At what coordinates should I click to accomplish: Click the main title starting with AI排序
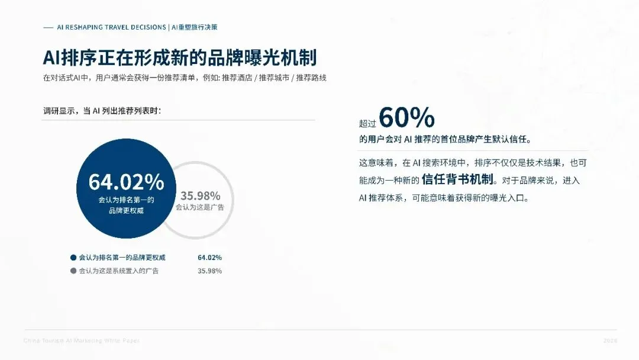pos(179,57)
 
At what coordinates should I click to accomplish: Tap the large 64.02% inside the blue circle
pos(127,182)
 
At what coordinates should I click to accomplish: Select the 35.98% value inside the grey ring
pos(201,196)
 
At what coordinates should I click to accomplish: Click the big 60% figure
pos(406,118)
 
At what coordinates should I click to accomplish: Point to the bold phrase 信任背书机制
pos(459,180)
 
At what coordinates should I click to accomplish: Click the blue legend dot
pos(73,258)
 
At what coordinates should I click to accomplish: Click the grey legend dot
pos(73,271)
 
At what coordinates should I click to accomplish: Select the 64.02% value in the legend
pos(209,258)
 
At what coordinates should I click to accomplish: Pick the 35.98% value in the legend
pos(209,271)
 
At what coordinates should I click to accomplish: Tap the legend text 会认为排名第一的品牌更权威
pos(122,258)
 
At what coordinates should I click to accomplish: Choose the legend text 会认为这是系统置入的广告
pos(119,271)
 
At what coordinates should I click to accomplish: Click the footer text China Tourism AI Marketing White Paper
pos(82,340)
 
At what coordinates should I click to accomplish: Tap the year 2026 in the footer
pos(610,340)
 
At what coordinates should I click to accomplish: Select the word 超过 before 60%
pos(367,124)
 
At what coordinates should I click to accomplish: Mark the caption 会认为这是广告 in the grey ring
pos(200,208)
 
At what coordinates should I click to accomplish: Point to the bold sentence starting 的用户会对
pos(445,140)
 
